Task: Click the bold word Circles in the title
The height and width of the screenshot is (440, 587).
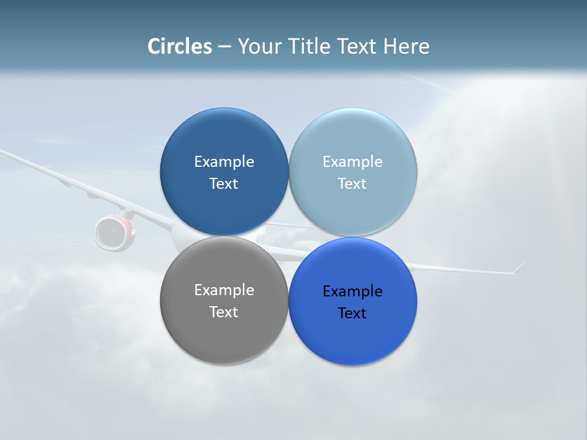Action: tap(179, 46)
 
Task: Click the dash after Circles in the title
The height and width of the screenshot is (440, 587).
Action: tap(224, 47)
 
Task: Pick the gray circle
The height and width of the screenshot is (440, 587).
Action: tap(224, 336)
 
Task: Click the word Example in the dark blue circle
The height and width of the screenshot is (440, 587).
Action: tap(224, 162)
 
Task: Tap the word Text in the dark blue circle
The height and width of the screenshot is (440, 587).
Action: tap(224, 184)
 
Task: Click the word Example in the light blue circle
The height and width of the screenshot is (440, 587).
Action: tap(352, 162)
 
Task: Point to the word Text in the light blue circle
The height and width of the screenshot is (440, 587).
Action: tap(352, 184)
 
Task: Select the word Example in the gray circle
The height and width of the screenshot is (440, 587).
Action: tap(224, 290)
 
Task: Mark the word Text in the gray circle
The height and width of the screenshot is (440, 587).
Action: tap(224, 312)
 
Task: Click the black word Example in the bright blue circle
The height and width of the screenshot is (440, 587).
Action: tap(352, 291)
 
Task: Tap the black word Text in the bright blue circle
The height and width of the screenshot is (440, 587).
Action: tap(352, 313)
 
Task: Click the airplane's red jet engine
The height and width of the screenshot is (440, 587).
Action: tap(114, 232)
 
